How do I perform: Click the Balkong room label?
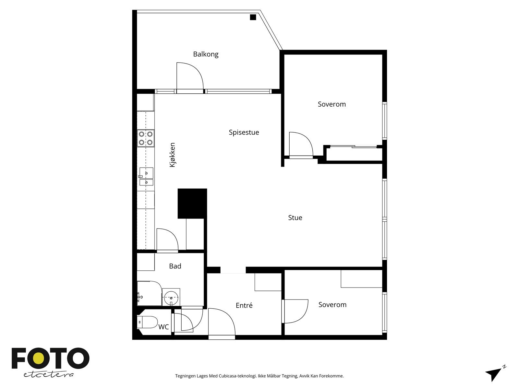pos(206,54)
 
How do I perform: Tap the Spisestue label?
pos(244,133)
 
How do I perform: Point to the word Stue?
pos(295,218)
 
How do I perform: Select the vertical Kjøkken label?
pos(172,155)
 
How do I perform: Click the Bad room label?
pos(175,266)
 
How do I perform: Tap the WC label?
pos(163,327)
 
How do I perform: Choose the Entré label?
pos(244,305)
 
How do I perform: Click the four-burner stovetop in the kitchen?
pos(146,138)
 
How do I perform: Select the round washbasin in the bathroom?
pos(171,297)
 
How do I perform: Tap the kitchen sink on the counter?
pos(146,176)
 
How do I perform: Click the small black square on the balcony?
pos(253,17)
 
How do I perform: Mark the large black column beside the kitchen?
pos(192,203)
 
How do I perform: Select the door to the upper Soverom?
pos(301,144)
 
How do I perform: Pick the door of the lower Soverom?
pos(295,311)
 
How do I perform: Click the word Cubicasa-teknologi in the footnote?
pos(238,376)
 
